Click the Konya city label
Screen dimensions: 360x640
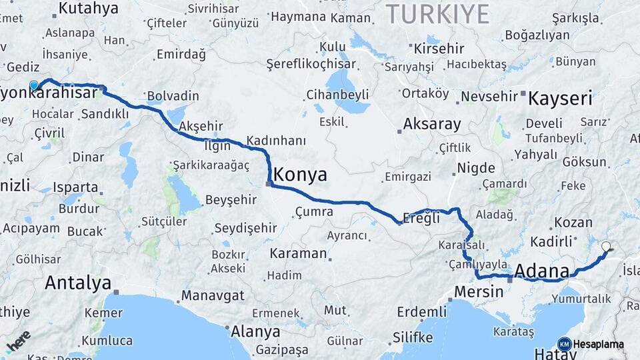(x=301, y=175)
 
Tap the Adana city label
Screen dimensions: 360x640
(x=542, y=271)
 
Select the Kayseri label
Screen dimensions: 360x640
(x=560, y=99)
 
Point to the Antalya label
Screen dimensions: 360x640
(x=77, y=283)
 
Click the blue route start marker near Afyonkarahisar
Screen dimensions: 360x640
(x=34, y=85)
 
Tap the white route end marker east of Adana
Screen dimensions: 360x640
(x=606, y=247)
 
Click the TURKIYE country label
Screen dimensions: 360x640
(x=438, y=13)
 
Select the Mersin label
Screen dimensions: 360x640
(x=478, y=291)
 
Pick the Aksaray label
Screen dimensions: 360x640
(x=432, y=124)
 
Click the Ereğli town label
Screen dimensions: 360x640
(x=422, y=218)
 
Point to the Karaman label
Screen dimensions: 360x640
(x=298, y=254)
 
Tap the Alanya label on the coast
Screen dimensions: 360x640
(x=255, y=331)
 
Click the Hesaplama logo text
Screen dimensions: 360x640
(x=598, y=344)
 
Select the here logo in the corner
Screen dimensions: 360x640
(x=18, y=340)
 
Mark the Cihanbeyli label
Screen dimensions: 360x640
(x=337, y=94)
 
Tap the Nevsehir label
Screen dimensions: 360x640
(x=489, y=97)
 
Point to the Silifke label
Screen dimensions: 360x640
(x=411, y=337)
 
